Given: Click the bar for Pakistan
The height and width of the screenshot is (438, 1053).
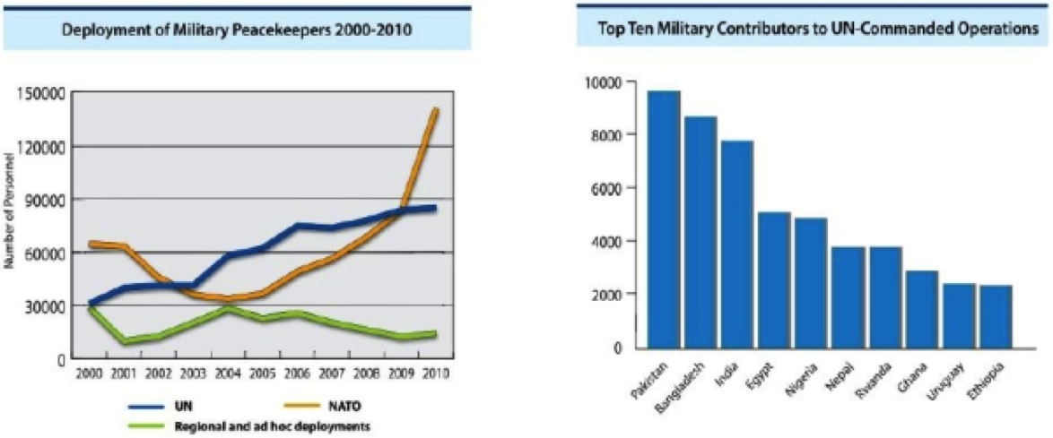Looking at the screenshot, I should (663, 219).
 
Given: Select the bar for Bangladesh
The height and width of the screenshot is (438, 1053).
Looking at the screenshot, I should (701, 232).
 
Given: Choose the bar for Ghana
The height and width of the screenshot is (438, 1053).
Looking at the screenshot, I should (922, 309).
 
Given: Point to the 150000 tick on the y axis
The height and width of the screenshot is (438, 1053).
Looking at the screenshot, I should (38, 92).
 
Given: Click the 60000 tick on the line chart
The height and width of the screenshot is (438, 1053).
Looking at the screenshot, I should (41, 253).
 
